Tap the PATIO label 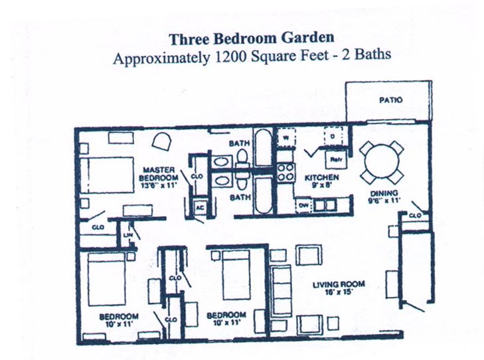[x=391, y=100]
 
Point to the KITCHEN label [x=321, y=178]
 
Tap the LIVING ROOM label [x=339, y=286]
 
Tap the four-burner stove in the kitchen [x=285, y=173]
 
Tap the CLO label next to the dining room [x=415, y=216]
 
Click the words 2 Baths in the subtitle [x=364, y=56]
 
